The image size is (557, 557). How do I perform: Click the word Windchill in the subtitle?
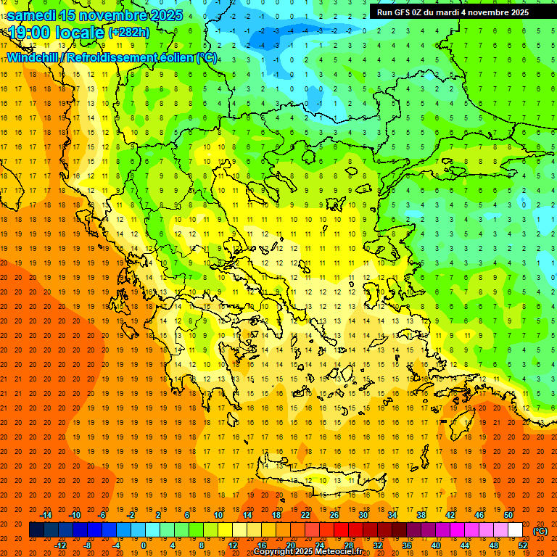tap(33, 57)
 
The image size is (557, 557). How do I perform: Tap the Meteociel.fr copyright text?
tap(308, 552)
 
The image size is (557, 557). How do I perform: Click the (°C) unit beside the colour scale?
tap(540, 531)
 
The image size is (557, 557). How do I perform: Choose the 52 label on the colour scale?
tap(523, 545)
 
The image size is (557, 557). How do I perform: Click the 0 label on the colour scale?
tap(144, 545)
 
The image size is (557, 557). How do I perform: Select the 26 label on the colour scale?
tap(334, 515)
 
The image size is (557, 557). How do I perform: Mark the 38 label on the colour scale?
tap(421, 515)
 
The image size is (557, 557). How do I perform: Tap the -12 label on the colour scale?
tap(60, 545)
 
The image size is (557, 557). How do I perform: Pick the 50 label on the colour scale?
tap(508, 515)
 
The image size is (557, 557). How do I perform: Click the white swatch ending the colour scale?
tap(515, 530)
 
